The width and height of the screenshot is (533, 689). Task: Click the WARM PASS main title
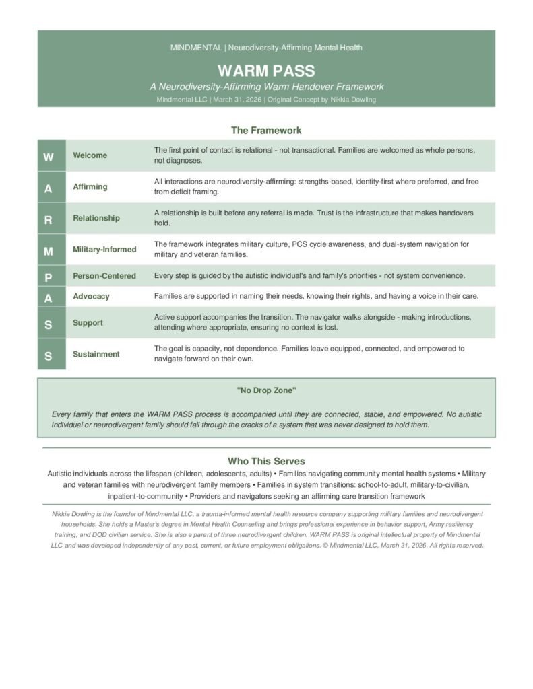tap(266, 71)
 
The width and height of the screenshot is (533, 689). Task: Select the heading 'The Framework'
tap(266, 130)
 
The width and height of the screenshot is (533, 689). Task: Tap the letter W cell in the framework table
tap(49, 157)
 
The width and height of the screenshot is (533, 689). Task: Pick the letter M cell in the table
tap(49, 250)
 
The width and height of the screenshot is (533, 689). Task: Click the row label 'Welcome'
tap(90, 155)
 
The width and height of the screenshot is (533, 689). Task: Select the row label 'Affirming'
tap(90, 186)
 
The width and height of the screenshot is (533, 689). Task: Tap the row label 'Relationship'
tap(96, 218)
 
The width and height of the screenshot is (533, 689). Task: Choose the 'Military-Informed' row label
tap(104, 249)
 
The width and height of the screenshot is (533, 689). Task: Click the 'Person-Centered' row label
tap(104, 275)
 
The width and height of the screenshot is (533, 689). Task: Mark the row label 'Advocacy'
tap(91, 296)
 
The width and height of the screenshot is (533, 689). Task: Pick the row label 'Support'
tap(88, 323)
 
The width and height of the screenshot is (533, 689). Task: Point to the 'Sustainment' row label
tap(96, 354)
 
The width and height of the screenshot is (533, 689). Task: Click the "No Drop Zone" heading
tap(266, 390)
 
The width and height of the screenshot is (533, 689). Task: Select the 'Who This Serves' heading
tap(266, 461)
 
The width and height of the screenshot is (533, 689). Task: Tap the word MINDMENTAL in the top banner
tap(197, 48)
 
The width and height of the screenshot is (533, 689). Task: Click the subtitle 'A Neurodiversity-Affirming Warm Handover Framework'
tap(266, 87)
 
